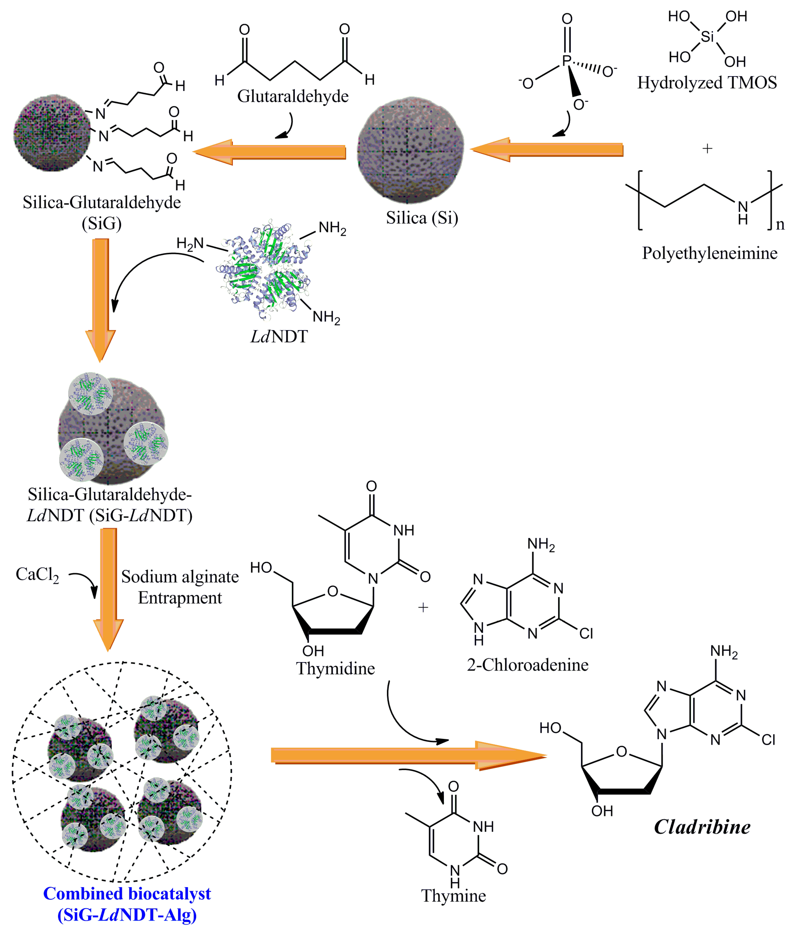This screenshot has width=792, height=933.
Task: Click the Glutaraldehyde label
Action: (x=293, y=96)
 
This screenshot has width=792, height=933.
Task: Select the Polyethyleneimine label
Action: (x=709, y=253)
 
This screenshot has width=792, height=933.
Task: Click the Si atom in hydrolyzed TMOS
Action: (x=708, y=37)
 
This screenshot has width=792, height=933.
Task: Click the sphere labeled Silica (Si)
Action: (x=410, y=151)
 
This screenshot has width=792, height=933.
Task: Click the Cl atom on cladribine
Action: (x=768, y=740)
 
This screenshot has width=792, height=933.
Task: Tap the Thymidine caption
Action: (x=335, y=668)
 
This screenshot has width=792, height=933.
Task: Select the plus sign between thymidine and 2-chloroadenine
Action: (x=423, y=608)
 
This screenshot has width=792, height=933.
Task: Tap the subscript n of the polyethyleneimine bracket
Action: (x=780, y=224)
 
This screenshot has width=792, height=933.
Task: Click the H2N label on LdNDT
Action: (x=190, y=244)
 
